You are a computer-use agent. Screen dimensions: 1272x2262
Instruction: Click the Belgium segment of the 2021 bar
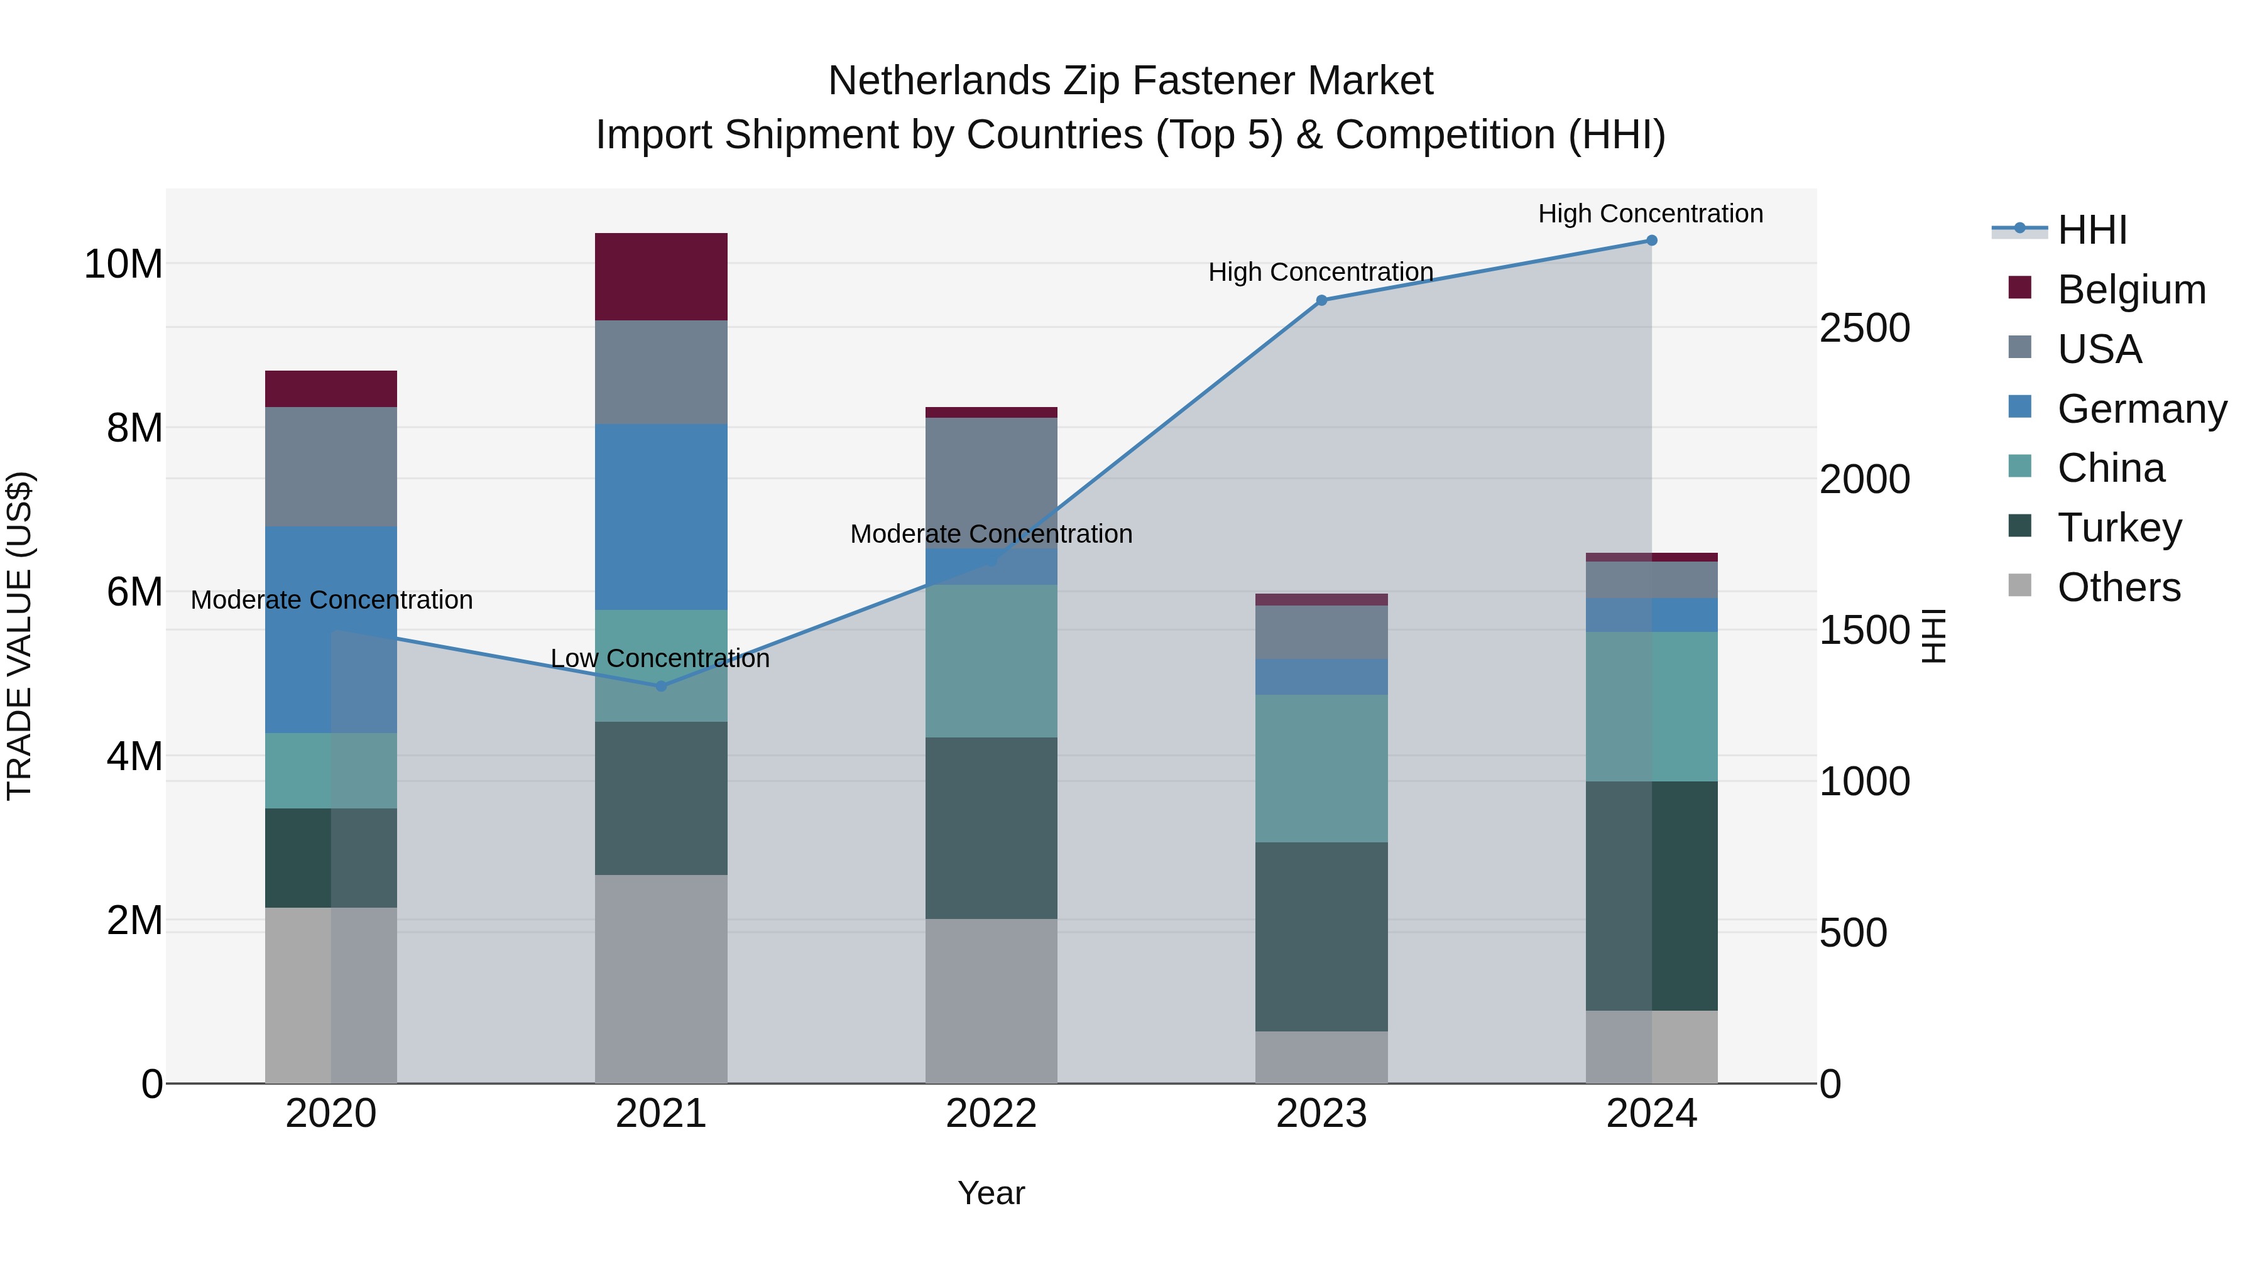click(661, 276)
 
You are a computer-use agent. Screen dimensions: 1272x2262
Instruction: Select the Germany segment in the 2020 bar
click(331, 629)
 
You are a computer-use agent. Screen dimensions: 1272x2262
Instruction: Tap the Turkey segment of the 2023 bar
click(1321, 936)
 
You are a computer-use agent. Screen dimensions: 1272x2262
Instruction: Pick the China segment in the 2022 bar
click(992, 660)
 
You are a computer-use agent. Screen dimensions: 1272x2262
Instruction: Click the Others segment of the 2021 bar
click(661, 978)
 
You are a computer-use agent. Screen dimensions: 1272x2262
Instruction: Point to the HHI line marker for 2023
click(1321, 300)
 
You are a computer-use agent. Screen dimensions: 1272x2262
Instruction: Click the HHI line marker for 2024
click(1652, 241)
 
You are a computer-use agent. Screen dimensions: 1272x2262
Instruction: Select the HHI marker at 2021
click(661, 687)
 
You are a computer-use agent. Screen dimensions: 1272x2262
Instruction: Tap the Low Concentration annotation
click(660, 658)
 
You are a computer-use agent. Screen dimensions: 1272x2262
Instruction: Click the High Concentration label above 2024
click(1651, 214)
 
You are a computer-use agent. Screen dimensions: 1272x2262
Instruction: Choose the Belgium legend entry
click(2131, 290)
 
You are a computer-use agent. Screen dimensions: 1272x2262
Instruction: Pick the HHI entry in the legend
click(2092, 230)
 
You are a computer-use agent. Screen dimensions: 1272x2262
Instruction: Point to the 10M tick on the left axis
click(123, 263)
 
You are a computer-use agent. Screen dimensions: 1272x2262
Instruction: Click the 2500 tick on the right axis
click(1864, 329)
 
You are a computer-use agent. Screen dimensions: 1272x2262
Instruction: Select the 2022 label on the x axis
click(992, 1114)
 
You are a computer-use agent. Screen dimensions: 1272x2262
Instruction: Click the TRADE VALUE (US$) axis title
click(19, 636)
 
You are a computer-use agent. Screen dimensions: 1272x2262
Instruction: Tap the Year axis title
click(992, 1193)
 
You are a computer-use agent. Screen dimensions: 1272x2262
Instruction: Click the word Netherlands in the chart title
click(939, 81)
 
